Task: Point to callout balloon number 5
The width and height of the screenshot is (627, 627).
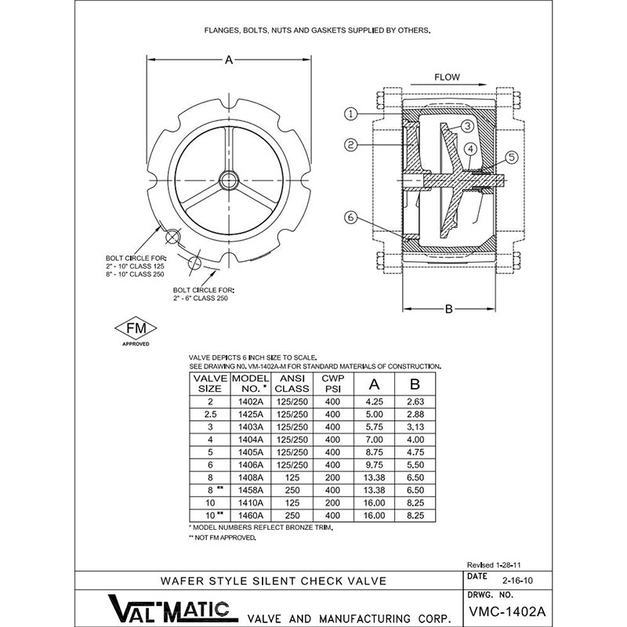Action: coord(510,157)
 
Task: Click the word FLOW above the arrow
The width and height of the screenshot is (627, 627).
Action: coord(447,78)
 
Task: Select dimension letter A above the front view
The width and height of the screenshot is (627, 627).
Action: coord(229,59)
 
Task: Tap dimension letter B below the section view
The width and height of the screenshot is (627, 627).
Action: coord(449,309)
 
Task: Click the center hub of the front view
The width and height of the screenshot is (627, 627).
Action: coord(229,180)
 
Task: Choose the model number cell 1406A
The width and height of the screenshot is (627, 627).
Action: coord(251,464)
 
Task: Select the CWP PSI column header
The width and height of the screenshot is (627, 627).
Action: coord(332,382)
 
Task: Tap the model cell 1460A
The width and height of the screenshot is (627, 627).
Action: coord(251,515)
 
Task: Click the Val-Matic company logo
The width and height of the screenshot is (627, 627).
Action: coord(167,607)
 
